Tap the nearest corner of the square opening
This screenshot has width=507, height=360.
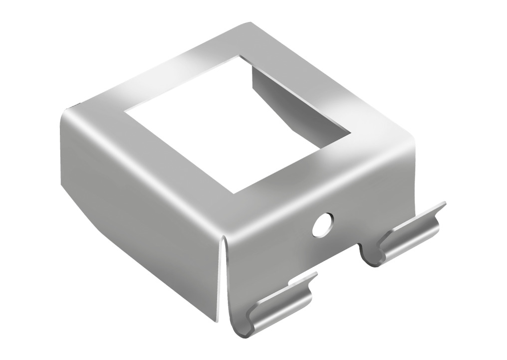point(231,193)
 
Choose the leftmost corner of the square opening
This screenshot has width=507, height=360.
point(124,111)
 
